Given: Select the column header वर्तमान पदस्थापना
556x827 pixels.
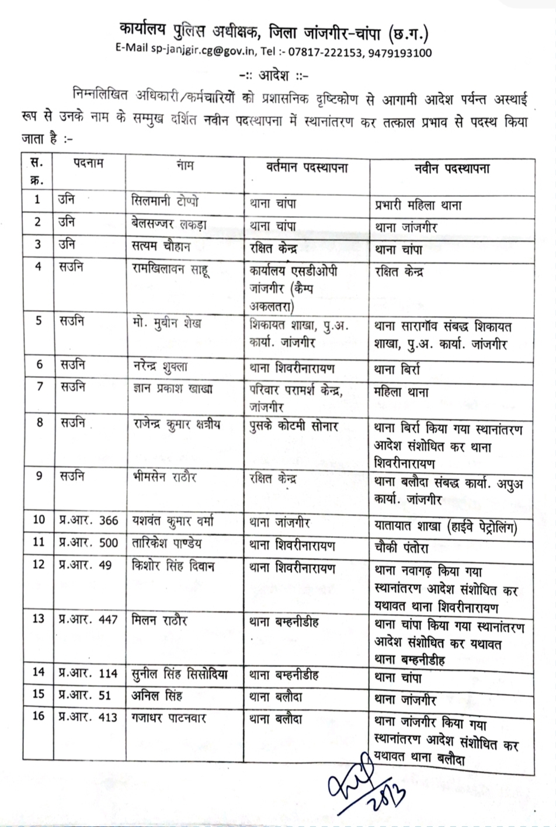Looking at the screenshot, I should coord(304,168).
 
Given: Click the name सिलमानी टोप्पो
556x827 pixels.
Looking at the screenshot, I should coord(165,200).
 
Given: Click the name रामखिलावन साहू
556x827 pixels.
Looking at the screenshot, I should coord(171,268).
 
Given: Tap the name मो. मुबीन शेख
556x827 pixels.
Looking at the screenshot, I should coord(167,322).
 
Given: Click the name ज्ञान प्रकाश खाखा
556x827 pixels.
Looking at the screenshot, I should coord(172,388).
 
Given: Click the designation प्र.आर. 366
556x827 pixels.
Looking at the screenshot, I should coord(88,520).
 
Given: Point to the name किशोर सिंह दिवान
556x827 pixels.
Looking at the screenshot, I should coord(174,567).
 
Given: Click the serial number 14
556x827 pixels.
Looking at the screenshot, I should coord(39,672).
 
